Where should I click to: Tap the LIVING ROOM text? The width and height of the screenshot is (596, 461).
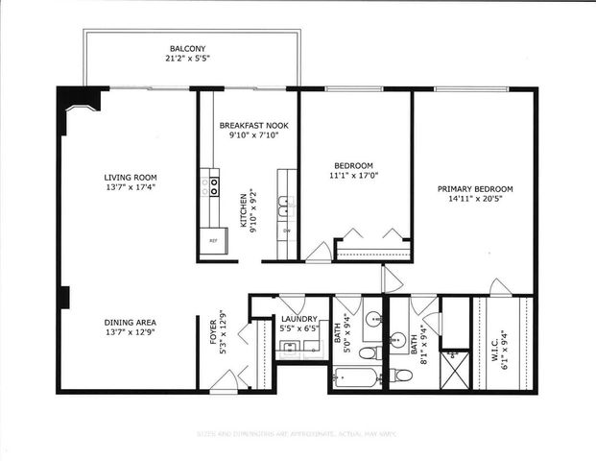131,178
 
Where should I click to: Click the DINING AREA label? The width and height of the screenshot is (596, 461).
131,323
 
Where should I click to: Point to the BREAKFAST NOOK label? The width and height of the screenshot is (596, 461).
253,126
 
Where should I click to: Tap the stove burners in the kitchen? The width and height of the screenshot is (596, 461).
214,184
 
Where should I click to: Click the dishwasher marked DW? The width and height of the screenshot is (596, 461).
287,231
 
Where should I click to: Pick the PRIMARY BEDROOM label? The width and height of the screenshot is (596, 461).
475,189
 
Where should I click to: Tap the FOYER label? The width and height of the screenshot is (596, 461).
214,330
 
